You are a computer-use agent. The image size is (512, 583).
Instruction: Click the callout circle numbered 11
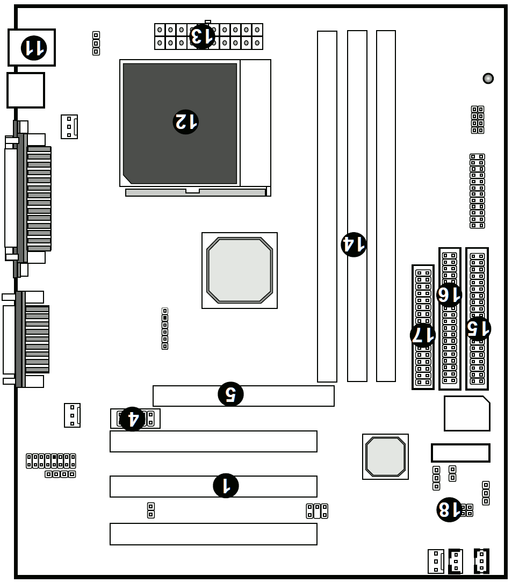[x=34, y=48]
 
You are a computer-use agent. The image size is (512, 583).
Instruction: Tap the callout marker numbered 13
[x=203, y=36]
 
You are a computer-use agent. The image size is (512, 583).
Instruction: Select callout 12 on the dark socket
[x=185, y=122]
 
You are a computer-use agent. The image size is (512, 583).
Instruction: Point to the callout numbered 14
[x=354, y=244]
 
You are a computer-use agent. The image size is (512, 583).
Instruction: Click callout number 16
[x=449, y=294]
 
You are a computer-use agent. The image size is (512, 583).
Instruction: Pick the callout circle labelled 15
[x=478, y=328]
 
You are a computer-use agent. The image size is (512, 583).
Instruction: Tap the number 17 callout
[x=423, y=335]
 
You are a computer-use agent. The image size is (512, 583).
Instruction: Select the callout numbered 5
[x=230, y=394]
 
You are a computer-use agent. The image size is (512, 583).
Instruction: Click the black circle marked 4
[x=132, y=419]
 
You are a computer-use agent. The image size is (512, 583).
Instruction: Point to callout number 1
[x=226, y=486]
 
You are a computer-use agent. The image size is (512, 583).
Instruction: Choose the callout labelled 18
[x=449, y=509]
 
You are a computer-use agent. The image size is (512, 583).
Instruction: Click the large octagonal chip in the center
[x=240, y=270]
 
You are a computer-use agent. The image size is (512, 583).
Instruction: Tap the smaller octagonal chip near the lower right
[x=385, y=457]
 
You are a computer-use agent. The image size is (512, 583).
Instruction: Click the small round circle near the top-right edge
[x=488, y=78]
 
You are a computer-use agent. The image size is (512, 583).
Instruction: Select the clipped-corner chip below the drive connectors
[x=466, y=413]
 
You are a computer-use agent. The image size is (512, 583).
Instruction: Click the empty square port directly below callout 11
[x=26, y=90]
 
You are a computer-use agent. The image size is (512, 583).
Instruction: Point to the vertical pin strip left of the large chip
[x=165, y=329]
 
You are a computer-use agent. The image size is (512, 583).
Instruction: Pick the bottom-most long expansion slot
[x=213, y=534]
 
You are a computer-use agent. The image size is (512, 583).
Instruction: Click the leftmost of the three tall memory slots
[x=327, y=206]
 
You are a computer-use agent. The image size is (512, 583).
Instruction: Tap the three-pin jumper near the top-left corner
[x=96, y=44]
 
